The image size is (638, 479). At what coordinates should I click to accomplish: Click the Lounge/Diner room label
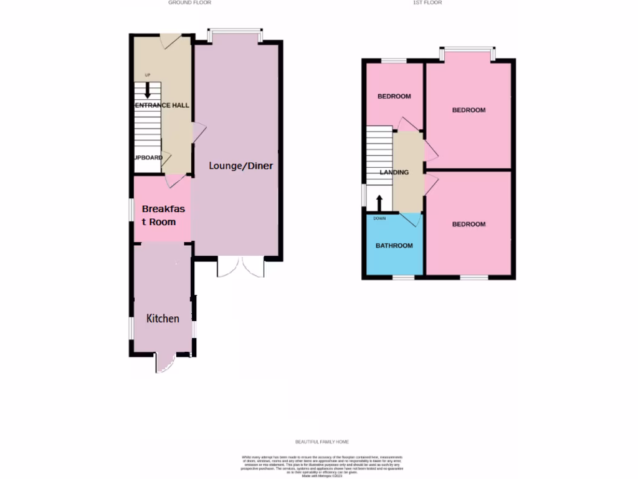tap(240, 166)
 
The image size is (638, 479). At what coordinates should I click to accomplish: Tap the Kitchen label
tap(163, 319)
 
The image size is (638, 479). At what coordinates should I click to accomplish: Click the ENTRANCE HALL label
tap(162, 105)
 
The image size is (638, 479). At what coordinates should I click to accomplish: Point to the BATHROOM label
tap(394, 246)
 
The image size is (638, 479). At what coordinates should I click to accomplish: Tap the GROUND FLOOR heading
tap(189, 2)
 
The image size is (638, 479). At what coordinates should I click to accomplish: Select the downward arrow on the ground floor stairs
tap(147, 92)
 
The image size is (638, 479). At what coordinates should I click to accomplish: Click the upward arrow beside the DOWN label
tap(379, 202)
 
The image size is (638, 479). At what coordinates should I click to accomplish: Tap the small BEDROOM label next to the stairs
tap(394, 97)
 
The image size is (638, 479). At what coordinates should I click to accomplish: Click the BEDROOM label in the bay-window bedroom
tap(469, 110)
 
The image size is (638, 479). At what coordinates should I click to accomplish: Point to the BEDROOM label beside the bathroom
tap(469, 225)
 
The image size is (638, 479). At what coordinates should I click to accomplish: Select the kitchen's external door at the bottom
tap(165, 362)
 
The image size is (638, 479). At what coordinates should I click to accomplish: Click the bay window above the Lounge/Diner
tap(234, 34)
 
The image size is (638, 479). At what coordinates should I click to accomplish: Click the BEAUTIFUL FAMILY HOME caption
tap(322, 442)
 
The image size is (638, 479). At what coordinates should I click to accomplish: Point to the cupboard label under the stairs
tap(148, 158)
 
